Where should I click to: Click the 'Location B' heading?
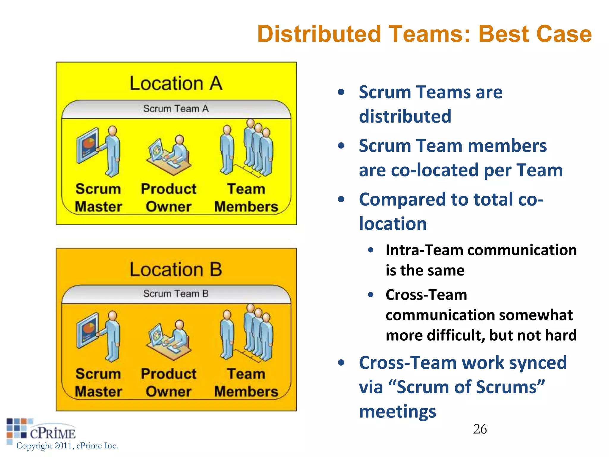coord(176,269)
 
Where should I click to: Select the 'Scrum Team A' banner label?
coord(176,109)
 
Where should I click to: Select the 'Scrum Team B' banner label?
coord(176,294)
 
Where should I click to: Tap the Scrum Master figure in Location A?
coord(112,152)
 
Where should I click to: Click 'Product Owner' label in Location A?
coord(169,198)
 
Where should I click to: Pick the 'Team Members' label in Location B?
coord(246,383)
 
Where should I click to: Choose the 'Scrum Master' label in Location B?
coord(98,383)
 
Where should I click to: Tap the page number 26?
coord(480,429)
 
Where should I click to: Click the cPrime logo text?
coord(53,433)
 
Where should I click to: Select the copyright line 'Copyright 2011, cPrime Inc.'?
coord(67,446)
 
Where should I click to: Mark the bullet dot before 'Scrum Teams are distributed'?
coord(341,92)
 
